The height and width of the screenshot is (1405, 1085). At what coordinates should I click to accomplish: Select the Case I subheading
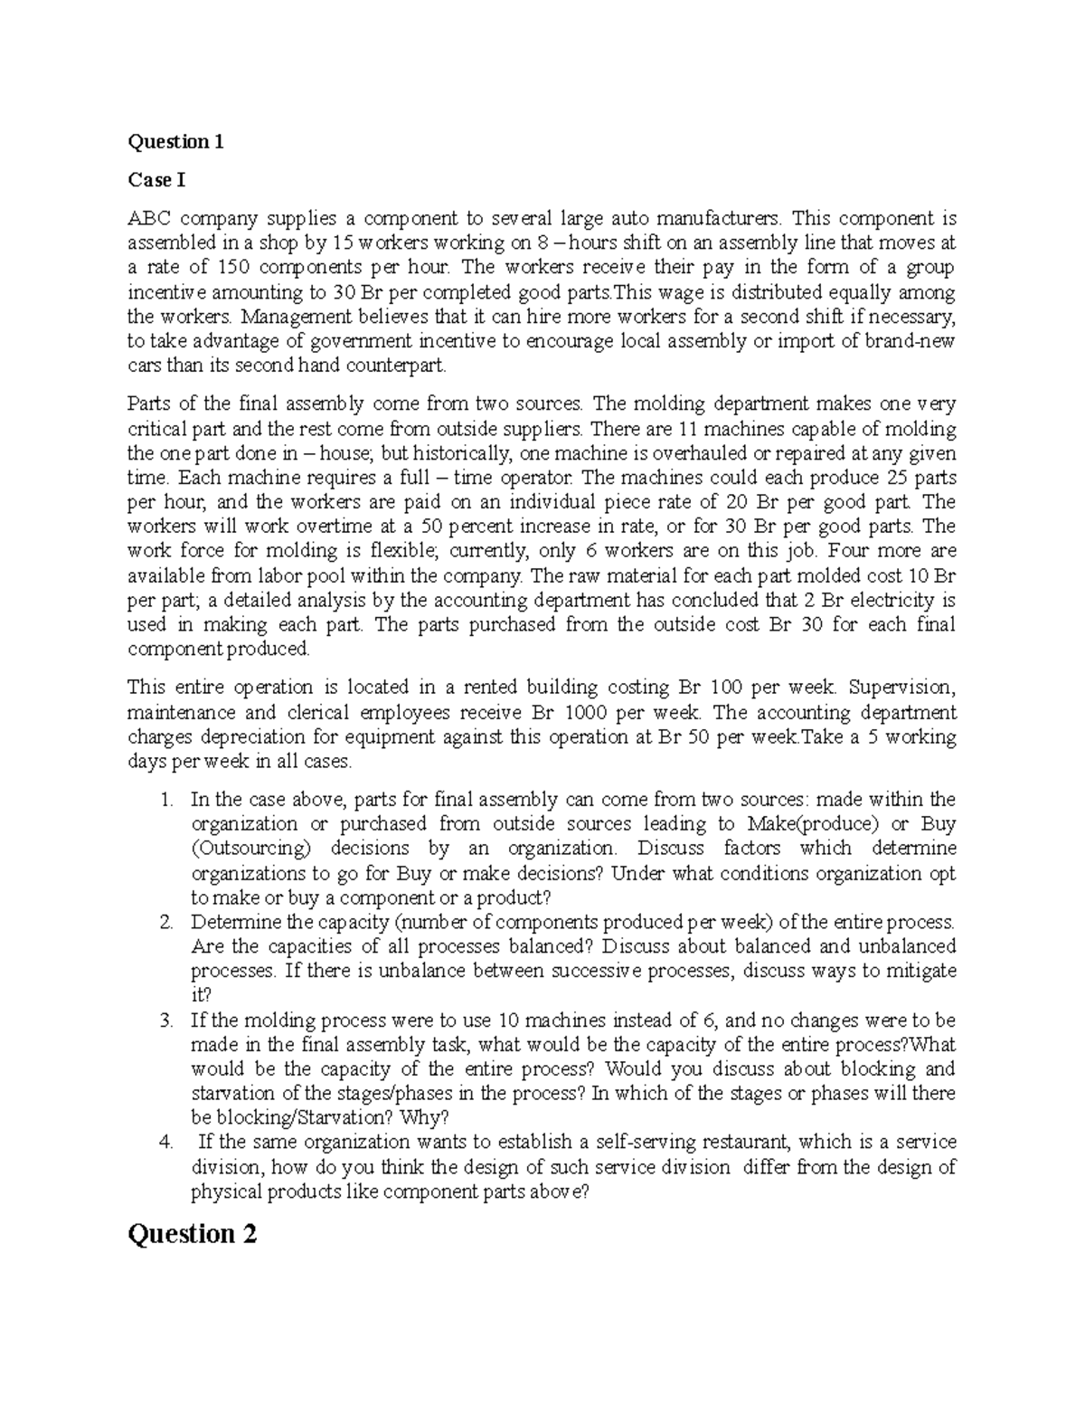click(156, 180)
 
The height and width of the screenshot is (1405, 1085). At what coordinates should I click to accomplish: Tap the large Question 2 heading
click(193, 1234)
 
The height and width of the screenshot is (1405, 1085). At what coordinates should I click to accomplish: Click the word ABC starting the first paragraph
click(148, 218)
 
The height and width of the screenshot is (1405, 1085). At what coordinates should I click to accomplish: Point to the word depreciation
click(243, 736)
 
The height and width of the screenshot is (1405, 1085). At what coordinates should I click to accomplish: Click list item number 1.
click(165, 800)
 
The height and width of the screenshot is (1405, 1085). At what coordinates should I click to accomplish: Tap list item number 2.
click(165, 923)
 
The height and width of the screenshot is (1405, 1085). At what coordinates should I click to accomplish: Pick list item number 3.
click(165, 1021)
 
